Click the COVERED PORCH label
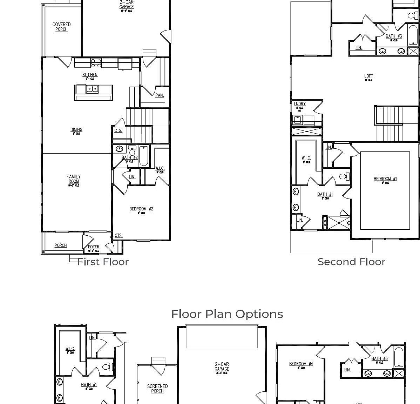click(61, 27)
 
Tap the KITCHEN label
click(90, 75)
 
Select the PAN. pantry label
click(159, 95)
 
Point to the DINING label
click(76, 130)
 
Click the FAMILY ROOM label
click(74, 179)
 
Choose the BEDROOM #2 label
click(141, 209)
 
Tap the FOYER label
click(94, 247)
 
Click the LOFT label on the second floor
click(368, 76)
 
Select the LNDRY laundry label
click(299, 104)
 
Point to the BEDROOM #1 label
click(385, 179)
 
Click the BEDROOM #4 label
click(301, 364)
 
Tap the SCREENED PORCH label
click(157, 389)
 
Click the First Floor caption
click(103, 262)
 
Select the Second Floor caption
click(351, 262)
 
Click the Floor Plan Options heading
click(227, 314)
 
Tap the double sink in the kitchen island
click(93, 89)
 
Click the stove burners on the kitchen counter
click(96, 63)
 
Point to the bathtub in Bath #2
click(144, 156)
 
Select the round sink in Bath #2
click(119, 149)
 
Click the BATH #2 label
click(129, 158)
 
